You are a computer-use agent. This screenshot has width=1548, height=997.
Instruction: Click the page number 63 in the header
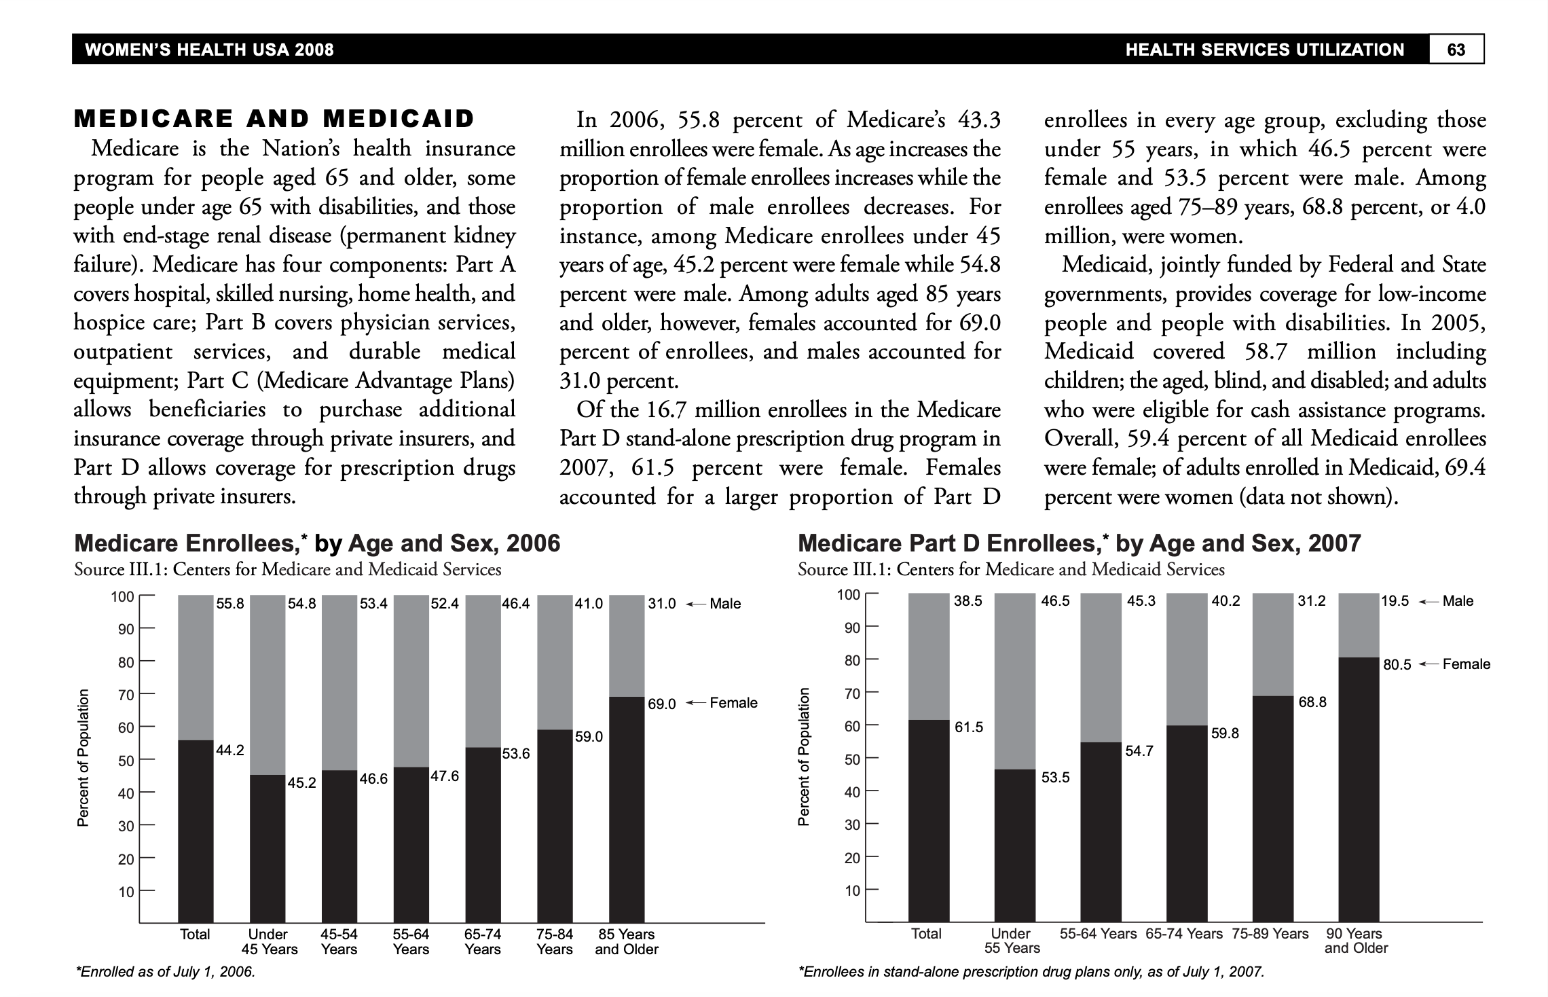pyautogui.click(x=1456, y=50)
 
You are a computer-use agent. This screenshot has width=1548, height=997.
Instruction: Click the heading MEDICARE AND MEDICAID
pyautogui.click(x=274, y=119)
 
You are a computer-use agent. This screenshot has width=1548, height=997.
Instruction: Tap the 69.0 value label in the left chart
pyautogui.click(x=661, y=704)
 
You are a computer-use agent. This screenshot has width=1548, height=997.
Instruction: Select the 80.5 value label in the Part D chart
pyautogui.click(x=1397, y=665)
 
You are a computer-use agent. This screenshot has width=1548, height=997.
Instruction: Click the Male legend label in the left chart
pyautogui.click(x=724, y=604)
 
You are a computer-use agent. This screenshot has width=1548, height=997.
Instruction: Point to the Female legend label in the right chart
pyautogui.click(x=1466, y=664)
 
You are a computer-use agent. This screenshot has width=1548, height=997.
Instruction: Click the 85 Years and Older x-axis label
pyautogui.click(x=627, y=942)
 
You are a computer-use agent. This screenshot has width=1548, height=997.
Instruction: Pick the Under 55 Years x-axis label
pyautogui.click(x=1012, y=941)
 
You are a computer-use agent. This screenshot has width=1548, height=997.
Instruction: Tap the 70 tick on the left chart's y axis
pyautogui.click(x=126, y=695)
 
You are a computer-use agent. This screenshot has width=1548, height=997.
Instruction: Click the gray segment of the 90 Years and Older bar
pyautogui.click(x=1358, y=625)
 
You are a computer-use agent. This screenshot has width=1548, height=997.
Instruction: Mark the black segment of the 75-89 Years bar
pyautogui.click(x=1272, y=808)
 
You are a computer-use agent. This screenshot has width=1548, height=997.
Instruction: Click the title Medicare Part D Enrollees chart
pyautogui.click(x=1079, y=543)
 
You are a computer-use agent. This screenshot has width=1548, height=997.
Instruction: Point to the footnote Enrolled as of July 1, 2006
pyautogui.click(x=165, y=972)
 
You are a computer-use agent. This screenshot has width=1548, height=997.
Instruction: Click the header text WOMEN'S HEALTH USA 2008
pyautogui.click(x=209, y=50)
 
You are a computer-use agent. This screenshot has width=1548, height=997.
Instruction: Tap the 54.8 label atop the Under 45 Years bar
pyautogui.click(x=302, y=604)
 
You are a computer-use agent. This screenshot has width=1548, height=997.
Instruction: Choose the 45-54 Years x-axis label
pyautogui.click(x=339, y=942)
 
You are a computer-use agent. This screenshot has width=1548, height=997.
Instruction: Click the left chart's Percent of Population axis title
pyautogui.click(x=83, y=758)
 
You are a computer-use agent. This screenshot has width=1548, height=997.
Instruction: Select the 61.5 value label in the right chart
pyautogui.click(x=968, y=727)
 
